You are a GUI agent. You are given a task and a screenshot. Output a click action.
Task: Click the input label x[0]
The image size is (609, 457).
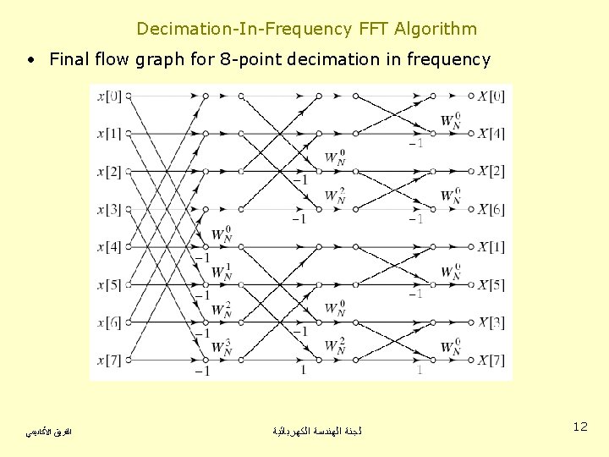pos(109,96)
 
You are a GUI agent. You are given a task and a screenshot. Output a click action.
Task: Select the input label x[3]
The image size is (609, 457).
pos(109,209)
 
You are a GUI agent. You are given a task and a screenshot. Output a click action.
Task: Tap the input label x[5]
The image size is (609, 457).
pos(109,285)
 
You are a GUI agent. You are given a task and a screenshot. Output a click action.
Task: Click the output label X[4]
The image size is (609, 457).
pos(491,134)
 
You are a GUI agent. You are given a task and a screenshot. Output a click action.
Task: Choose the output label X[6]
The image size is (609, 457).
pos(491,209)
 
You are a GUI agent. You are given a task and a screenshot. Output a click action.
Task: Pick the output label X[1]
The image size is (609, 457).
pos(491,247)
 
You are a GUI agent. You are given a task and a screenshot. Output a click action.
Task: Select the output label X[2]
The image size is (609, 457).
pos(491,172)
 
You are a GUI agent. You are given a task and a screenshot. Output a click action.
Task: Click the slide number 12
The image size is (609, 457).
pos(579,427)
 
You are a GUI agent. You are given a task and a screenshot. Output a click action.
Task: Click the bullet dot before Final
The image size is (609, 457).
pos(30,60)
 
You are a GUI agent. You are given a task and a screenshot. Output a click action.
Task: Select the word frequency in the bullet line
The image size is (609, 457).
pos(449,60)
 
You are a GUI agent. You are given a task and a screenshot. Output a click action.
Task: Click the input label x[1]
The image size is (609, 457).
pos(109,134)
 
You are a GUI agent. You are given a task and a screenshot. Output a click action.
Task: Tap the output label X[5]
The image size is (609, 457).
pos(491,285)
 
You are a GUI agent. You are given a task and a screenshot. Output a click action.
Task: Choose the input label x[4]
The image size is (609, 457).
pos(109,247)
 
